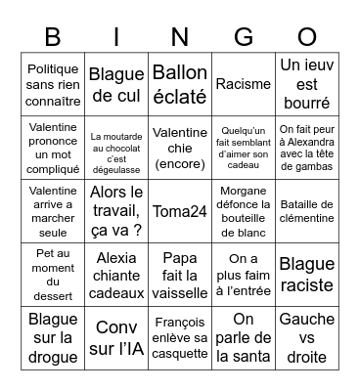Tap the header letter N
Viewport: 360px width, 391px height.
179,36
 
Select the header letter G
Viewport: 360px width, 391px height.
243,36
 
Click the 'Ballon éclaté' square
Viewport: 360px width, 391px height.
180,84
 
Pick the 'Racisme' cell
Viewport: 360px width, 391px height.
243,84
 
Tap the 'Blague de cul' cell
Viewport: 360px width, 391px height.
116,84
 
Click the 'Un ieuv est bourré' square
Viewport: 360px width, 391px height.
306,84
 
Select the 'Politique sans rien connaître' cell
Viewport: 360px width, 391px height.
53,84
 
